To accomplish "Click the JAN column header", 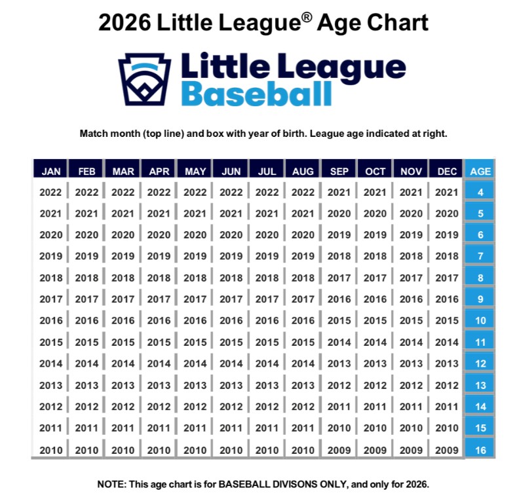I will pyautogui.click(x=51, y=171).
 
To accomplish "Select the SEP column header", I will pyautogui.click(x=339, y=171).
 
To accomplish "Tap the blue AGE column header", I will pyautogui.click(x=480, y=171).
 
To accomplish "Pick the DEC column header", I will pyautogui.click(x=447, y=171).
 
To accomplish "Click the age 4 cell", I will pyautogui.click(x=480, y=193).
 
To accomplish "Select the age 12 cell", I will pyautogui.click(x=480, y=363).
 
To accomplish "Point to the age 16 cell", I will pyautogui.click(x=480, y=450).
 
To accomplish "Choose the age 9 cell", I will pyautogui.click(x=480, y=299).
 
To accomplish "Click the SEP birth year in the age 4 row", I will pyautogui.click(x=339, y=193).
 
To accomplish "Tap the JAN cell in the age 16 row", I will pyautogui.click(x=51, y=450).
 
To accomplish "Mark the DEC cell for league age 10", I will pyautogui.click(x=447, y=320).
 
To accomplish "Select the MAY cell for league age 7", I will pyautogui.click(x=195, y=256).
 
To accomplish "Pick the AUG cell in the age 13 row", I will pyautogui.click(x=303, y=385).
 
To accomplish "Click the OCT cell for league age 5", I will pyautogui.click(x=375, y=213).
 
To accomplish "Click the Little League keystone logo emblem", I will pyautogui.click(x=144, y=79).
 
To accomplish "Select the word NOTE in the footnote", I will pyautogui.click(x=113, y=484).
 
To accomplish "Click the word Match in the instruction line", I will pyautogui.click(x=94, y=133).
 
